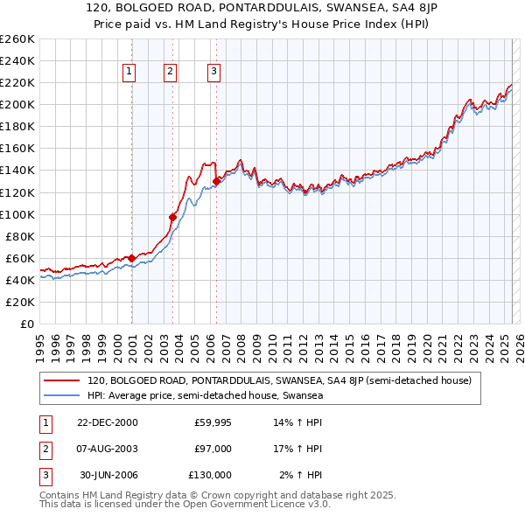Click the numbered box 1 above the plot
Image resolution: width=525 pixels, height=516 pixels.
129,73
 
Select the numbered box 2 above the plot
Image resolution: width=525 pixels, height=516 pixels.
170,73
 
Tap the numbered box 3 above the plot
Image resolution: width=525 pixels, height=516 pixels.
214,73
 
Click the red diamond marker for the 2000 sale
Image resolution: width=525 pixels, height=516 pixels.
131,258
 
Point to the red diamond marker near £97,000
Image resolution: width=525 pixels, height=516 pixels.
172,217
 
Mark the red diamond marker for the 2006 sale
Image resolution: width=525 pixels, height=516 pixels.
215,181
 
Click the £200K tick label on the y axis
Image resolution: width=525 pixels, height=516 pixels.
17,104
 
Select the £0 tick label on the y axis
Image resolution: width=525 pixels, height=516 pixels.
26,324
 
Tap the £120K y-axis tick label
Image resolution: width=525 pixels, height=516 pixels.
17,192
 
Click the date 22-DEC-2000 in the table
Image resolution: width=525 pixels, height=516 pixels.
107,422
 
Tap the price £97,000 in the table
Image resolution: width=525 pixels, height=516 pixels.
213,449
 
